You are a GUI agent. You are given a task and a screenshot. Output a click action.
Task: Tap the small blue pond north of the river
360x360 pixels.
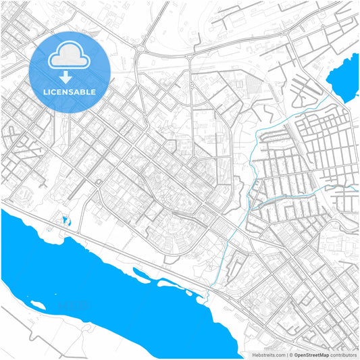65,220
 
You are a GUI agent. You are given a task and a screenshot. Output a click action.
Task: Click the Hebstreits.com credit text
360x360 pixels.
268,355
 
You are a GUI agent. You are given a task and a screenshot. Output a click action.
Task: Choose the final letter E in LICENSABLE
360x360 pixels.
94,91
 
